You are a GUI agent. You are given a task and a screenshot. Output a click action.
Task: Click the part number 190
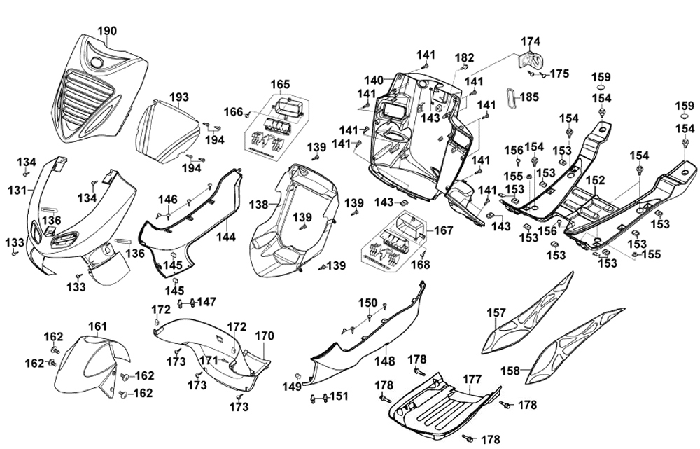[x=107, y=31]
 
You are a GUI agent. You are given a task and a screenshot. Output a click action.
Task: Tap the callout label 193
[x=179, y=97]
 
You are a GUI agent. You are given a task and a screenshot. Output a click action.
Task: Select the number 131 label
[x=17, y=191]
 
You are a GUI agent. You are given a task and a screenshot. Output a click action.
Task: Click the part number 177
[x=472, y=380]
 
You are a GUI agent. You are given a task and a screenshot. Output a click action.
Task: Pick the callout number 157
[x=496, y=312]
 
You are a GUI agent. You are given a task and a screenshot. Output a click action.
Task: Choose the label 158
[x=510, y=371]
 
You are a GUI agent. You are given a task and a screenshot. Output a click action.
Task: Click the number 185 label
[x=529, y=97]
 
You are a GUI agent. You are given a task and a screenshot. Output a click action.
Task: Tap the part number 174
[x=531, y=41]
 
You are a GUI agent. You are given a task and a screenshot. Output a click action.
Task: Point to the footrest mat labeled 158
[x=574, y=346]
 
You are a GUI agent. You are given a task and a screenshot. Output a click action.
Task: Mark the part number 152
[x=596, y=181]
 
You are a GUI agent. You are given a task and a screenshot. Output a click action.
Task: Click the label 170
[x=265, y=336]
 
